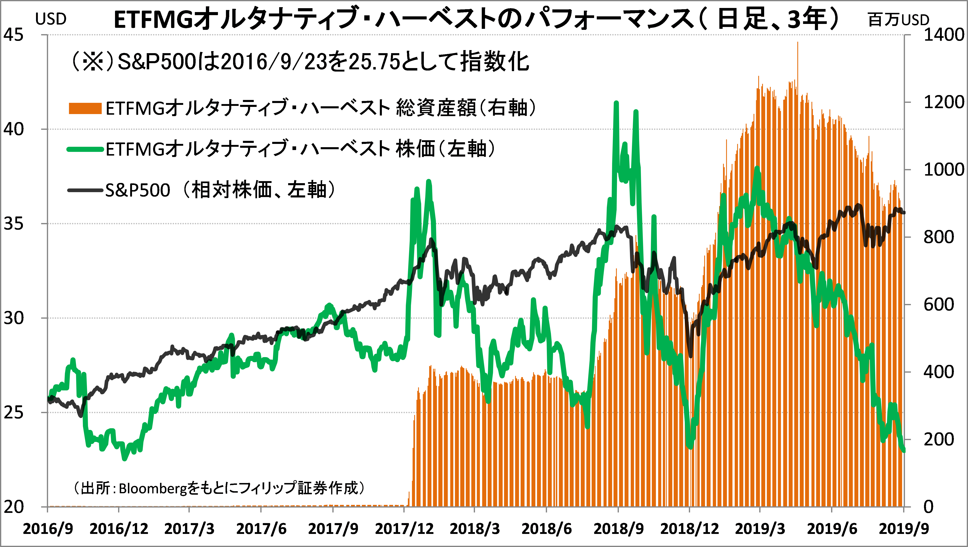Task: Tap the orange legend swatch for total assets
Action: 85,109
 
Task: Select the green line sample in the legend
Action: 85,149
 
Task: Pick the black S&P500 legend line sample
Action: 85,190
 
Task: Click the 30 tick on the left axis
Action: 14,318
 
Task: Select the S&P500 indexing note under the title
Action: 300,62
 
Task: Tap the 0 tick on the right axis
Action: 929,507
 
